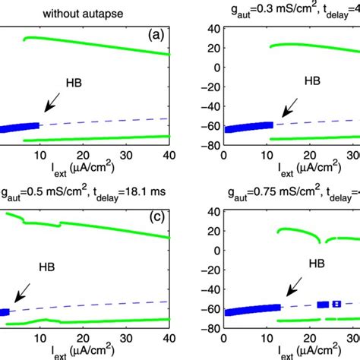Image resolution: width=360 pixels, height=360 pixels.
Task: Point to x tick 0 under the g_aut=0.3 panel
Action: pyautogui.click(x=222, y=155)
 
